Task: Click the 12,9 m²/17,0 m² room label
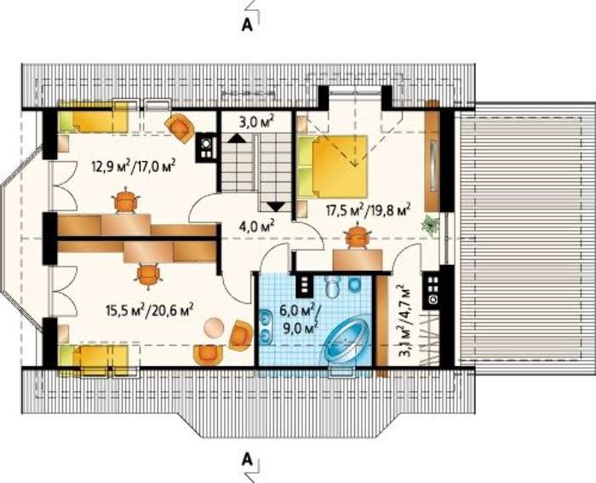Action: [x=133, y=166]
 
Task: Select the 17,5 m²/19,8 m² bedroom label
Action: [x=369, y=210]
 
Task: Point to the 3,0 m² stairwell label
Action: [x=256, y=123]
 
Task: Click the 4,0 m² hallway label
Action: [x=256, y=227]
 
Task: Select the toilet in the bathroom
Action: [x=334, y=286]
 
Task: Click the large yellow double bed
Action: [x=334, y=167]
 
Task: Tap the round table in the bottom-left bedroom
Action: [x=214, y=328]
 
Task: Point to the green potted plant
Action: [x=429, y=225]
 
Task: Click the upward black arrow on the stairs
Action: [x=237, y=138]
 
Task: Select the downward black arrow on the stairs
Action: [x=277, y=206]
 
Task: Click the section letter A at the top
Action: [x=247, y=25]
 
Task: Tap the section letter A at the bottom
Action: [x=247, y=460]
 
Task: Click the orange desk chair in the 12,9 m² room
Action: [x=126, y=199]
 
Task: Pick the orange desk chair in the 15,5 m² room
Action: [x=149, y=274]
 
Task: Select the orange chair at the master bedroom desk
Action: [x=357, y=236]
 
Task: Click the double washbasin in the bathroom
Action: [x=266, y=325]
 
